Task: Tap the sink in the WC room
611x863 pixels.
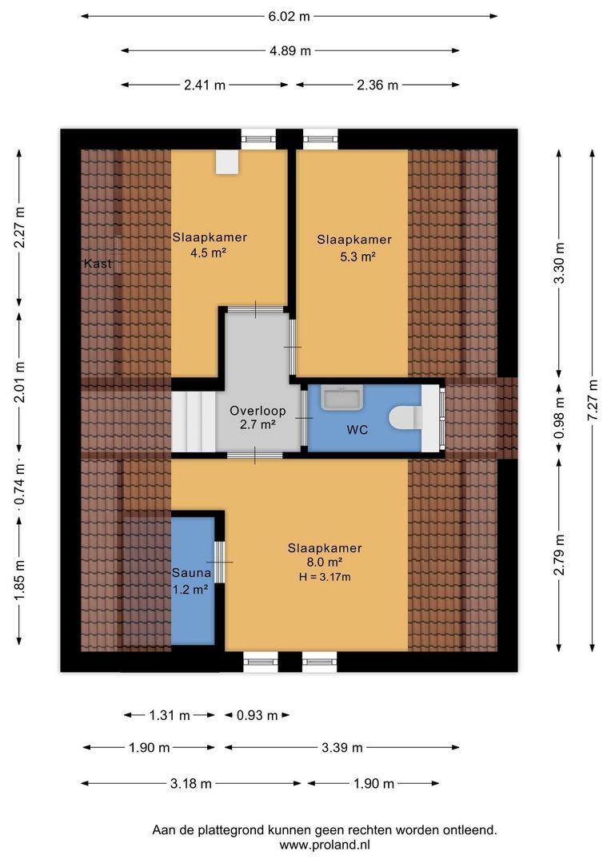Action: (x=342, y=397)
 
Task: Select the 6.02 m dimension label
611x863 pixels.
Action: (x=289, y=15)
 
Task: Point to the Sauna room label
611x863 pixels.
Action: (x=191, y=573)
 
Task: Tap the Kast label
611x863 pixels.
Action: (x=99, y=264)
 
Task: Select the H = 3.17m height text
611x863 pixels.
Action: (x=325, y=577)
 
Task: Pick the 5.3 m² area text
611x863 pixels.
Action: (x=357, y=257)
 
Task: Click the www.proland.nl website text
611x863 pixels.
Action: (x=325, y=845)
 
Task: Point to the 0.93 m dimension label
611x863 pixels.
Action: (x=257, y=715)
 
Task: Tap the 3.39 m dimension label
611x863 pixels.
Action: (x=341, y=747)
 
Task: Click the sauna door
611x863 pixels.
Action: (x=219, y=563)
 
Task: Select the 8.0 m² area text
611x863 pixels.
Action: (x=324, y=563)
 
